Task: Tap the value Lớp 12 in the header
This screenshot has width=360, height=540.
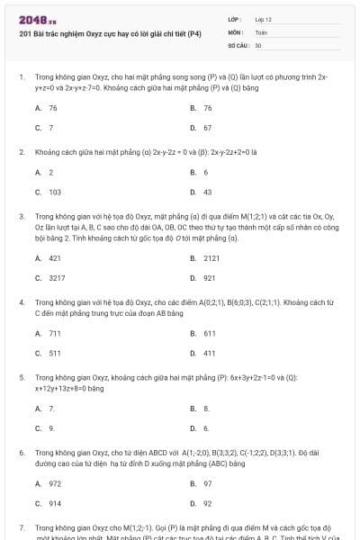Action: tap(263, 19)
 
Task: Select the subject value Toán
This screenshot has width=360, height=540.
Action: tap(261, 31)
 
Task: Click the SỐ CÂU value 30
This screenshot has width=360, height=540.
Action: tap(258, 44)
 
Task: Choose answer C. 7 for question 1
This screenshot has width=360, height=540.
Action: tap(46, 128)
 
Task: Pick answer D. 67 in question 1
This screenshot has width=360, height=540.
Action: tap(202, 128)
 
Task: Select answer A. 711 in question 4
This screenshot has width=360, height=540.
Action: tap(49, 333)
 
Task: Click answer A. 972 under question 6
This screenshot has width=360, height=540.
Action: tap(49, 483)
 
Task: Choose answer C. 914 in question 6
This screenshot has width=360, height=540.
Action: tap(49, 503)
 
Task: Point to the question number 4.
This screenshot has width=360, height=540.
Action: tap(22, 303)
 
